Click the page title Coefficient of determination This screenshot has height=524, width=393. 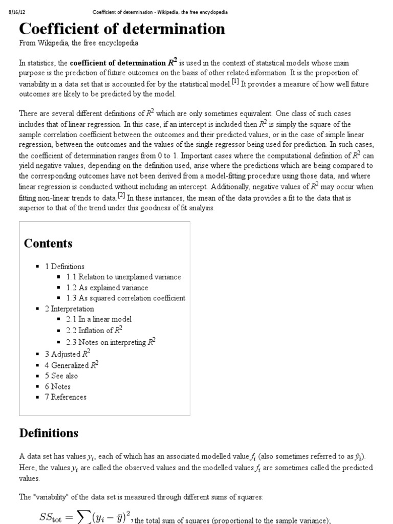click(122, 29)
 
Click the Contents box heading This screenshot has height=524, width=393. click(48, 244)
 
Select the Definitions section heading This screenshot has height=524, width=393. click(49, 433)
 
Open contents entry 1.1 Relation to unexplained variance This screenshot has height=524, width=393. click(123, 277)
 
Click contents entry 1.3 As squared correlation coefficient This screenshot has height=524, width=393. click(125, 298)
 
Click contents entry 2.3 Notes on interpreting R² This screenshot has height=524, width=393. click(111, 342)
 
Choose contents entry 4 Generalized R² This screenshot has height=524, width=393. click(72, 365)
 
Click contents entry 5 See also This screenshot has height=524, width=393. click(61, 376)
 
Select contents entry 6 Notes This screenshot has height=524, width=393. click(58, 386)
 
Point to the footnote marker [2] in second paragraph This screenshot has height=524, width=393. click(121, 195)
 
